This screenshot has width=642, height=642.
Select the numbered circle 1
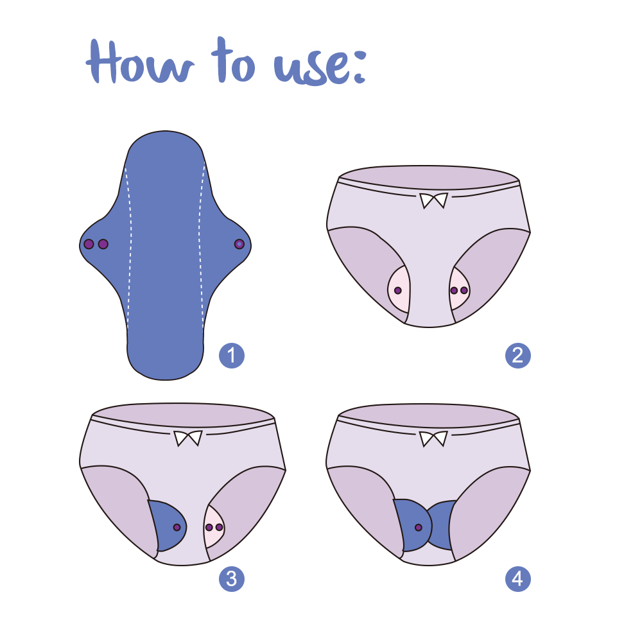pos(231,356)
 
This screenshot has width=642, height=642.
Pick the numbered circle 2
pos(518,356)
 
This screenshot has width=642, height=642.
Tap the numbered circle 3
pos(231,579)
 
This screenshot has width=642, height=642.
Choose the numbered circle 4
pos(518,579)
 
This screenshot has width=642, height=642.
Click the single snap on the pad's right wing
pos(239,244)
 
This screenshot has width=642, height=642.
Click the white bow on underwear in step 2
pos(433,201)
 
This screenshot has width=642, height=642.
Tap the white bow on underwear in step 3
pos(187,439)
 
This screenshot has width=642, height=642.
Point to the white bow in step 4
pos(433,439)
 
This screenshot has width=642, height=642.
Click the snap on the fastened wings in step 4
pos(419,527)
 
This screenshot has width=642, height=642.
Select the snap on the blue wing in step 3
pos(177,527)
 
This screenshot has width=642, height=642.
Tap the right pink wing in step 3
pos(214,527)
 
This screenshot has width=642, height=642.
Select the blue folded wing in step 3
pos(166,523)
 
